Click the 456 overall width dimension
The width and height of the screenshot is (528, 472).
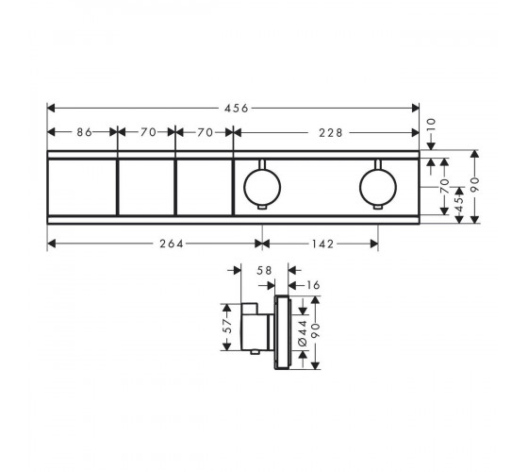click(237, 109)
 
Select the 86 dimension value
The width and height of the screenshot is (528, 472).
click(84, 132)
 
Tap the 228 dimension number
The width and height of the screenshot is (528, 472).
click(331, 133)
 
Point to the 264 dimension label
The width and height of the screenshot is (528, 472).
click(172, 244)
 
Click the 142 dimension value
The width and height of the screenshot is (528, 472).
click(322, 244)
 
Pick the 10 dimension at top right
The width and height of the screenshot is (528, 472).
click(431, 125)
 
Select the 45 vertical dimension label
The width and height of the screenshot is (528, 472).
click(459, 203)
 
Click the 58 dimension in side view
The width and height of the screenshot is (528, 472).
click(264, 270)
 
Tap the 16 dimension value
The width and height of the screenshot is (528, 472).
click(313, 285)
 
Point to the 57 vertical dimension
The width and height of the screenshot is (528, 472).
click(228, 326)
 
